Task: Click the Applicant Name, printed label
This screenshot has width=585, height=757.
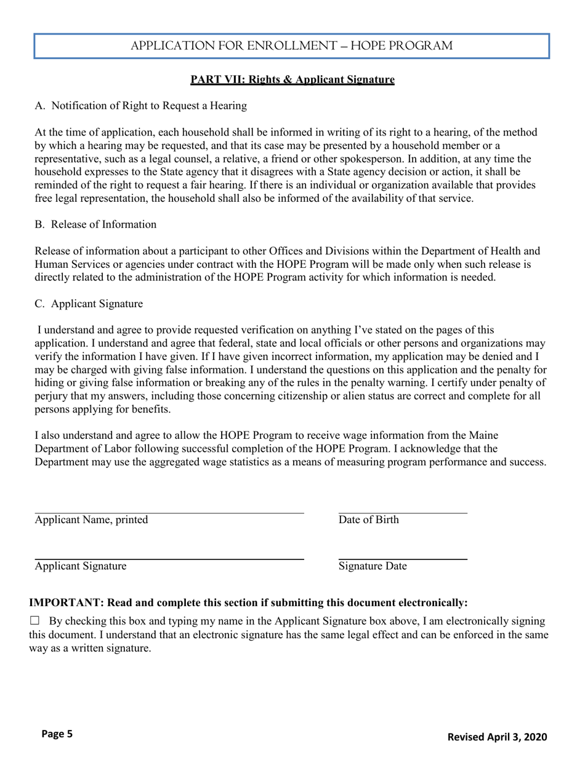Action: click(x=91, y=520)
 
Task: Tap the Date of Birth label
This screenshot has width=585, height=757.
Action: click(x=368, y=520)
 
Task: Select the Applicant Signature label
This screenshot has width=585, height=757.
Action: click(x=81, y=566)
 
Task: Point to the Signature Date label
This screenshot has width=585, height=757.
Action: click(x=372, y=566)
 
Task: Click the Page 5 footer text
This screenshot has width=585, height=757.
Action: click(x=57, y=734)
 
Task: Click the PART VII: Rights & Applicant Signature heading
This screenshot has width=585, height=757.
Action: click(x=292, y=79)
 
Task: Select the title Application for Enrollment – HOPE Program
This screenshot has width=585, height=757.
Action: click(x=292, y=46)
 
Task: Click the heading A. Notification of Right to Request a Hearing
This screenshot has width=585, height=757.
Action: click(x=141, y=106)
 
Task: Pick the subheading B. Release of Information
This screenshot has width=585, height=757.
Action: click(x=95, y=224)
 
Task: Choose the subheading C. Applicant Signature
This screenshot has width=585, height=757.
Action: click(x=89, y=304)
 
